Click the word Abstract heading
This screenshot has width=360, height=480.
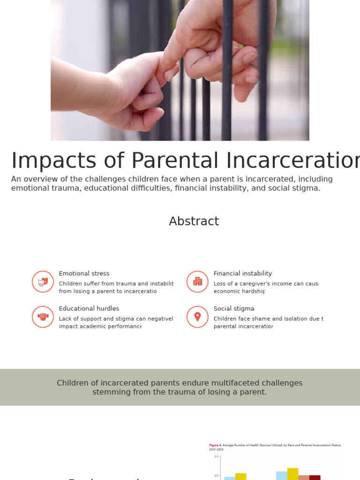(x=194, y=221)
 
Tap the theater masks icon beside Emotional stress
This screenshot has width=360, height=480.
(x=43, y=282)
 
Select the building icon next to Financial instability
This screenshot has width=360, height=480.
(x=197, y=282)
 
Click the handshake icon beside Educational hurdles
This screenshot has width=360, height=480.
(x=43, y=317)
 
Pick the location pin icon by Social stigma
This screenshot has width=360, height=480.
(x=197, y=317)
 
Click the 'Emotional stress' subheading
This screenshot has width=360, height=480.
(x=84, y=273)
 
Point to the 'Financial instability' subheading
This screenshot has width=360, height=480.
(x=242, y=273)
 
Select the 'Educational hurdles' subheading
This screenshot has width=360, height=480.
(x=89, y=308)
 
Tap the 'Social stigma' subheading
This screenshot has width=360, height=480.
(x=233, y=308)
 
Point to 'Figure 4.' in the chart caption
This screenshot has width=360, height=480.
(x=215, y=445)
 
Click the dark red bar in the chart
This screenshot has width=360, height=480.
(x=315, y=477)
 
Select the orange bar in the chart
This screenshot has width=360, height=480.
(x=304, y=477)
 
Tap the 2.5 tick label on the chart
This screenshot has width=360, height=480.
(x=216, y=456)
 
